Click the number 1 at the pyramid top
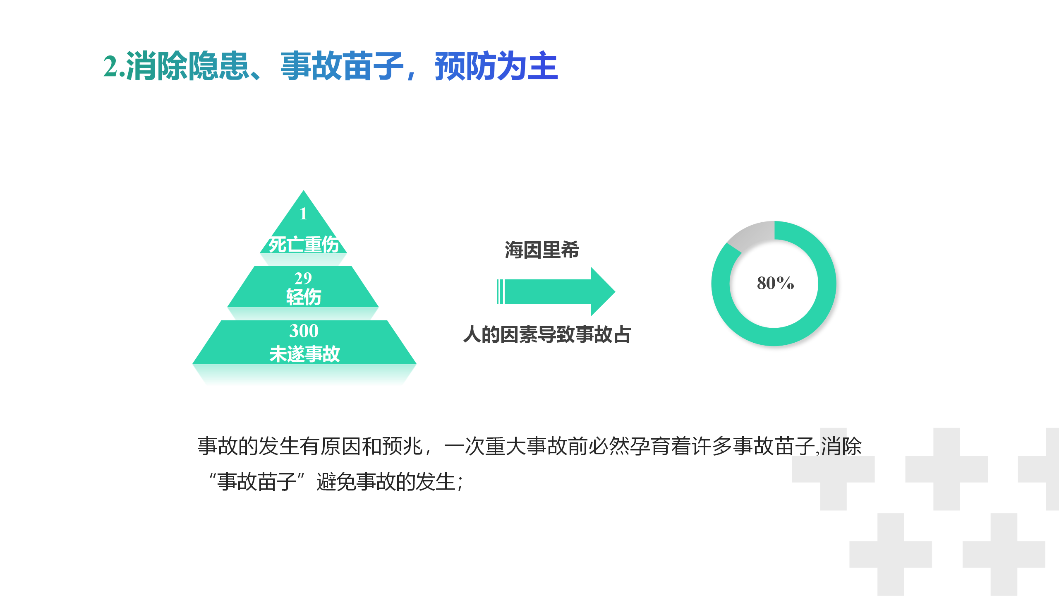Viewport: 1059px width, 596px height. coord(303,214)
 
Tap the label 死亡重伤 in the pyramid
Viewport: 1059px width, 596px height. coord(304,244)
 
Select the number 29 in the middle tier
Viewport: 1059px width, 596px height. coord(303,278)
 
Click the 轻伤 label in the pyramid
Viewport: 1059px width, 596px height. coord(304,297)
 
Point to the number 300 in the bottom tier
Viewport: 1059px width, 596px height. coord(304,331)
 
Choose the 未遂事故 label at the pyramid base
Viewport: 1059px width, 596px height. coord(304,354)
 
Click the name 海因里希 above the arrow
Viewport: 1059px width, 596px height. coord(542,250)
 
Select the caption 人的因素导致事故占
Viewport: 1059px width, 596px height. coord(547,334)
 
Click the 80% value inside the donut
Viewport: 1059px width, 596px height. coord(775,283)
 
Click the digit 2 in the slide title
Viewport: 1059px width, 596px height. coord(110,66)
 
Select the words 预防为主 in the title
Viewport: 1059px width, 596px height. coord(496,66)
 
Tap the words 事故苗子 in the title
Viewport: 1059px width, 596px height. coord(342,66)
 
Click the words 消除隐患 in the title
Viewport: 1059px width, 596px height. coord(187,66)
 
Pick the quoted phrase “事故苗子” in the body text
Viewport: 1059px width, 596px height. coord(257,482)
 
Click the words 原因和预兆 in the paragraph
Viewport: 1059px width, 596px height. coord(371,446)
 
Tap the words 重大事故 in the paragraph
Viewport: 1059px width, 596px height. coord(526,446)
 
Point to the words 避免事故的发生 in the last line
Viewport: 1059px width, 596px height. coord(386,482)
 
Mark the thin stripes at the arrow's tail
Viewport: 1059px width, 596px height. coord(500,292)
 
